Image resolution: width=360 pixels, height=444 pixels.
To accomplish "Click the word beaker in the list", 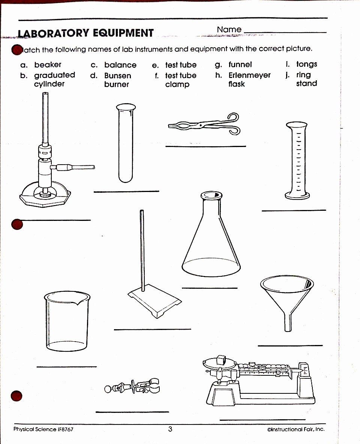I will point(48,65).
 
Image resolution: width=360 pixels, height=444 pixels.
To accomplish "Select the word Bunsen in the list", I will point(117,75).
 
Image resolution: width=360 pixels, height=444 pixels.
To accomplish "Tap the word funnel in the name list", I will point(240,64).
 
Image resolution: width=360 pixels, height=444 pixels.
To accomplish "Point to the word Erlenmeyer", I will point(249,75).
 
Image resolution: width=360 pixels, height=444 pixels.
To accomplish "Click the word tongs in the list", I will point(306,64).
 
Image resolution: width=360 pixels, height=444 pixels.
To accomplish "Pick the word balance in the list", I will point(120,65).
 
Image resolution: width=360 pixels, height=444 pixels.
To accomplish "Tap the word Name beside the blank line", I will point(229,29).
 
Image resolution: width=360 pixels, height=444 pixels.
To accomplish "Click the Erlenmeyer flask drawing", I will point(211,240).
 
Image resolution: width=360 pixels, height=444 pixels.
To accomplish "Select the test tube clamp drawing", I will point(131,386).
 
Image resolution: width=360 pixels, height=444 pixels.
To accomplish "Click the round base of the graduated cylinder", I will point(297,195).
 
